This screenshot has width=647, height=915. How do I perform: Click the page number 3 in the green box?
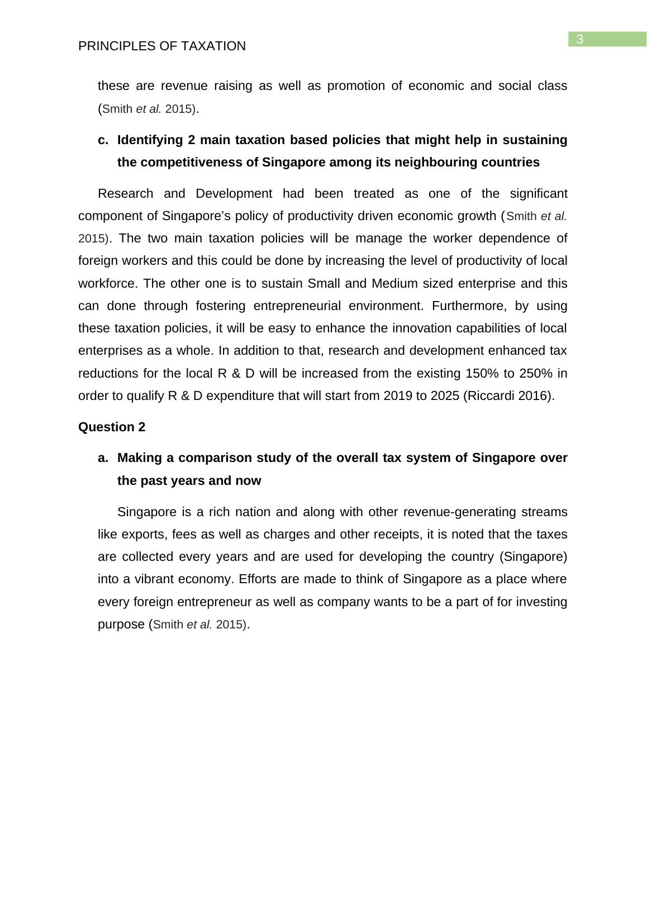(x=580, y=39)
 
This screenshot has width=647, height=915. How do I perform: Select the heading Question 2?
(x=112, y=427)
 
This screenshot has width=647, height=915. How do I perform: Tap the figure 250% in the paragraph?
(x=537, y=373)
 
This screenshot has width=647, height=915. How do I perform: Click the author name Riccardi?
(x=493, y=396)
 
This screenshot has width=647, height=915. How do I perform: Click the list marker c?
(x=103, y=140)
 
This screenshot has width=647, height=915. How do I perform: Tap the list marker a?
(x=103, y=458)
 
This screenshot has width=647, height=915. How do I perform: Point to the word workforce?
(x=108, y=284)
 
